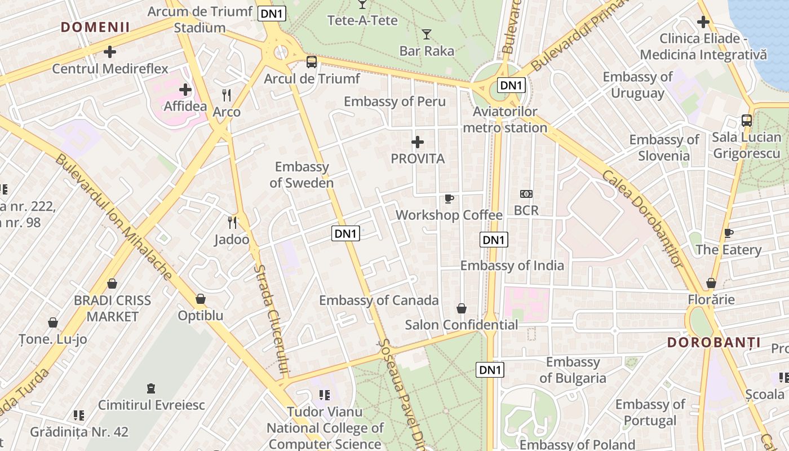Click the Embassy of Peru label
pos(394,101)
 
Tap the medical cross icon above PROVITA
pos(418,142)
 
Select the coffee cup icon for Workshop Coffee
pos(449,198)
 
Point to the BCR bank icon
pos(526,194)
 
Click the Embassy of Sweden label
pos(302,175)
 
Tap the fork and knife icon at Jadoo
pos(232,223)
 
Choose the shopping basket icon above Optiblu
pos(201,299)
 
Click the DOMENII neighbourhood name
pos(95,27)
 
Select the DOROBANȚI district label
pos(713,342)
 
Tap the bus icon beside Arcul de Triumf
pos(311,62)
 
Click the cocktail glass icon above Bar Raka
pos(427,34)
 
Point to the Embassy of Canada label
pos(379,300)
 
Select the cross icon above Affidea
pos(185,90)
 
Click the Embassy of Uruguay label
pos(637,85)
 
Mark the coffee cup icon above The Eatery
pos(728,233)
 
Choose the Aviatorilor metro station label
pos(505,120)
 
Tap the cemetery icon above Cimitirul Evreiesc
pos(150,388)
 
